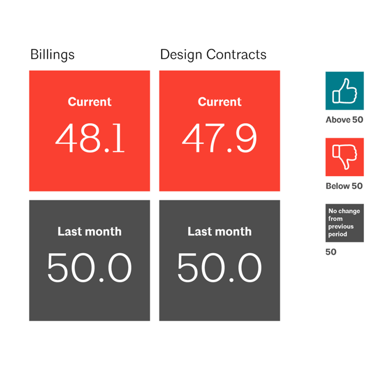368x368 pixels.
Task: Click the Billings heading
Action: pyautogui.click(x=52, y=55)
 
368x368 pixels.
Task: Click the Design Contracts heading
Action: pyautogui.click(x=213, y=55)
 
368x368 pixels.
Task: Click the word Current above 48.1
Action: pyautogui.click(x=90, y=102)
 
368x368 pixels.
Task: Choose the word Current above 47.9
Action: pyautogui.click(x=220, y=102)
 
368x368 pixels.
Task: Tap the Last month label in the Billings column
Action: pyautogui.click(x=89, y=232)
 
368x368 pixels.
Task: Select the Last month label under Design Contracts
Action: pyautogui.click(x=219, y=232)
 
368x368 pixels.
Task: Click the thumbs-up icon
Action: pyautogui.click(x=345, y=91)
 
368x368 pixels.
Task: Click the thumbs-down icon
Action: pyautogui.click(x=345, y=157)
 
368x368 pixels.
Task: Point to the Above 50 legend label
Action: pyautogui.click(x=344, y=120)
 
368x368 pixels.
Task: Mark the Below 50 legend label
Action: pyautogui.click(x=344, y=186)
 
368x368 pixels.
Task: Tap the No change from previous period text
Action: pyautogui.click(x=344, y=222)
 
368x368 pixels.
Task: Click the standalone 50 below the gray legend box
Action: pyautogui.click(x=331, y=252)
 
